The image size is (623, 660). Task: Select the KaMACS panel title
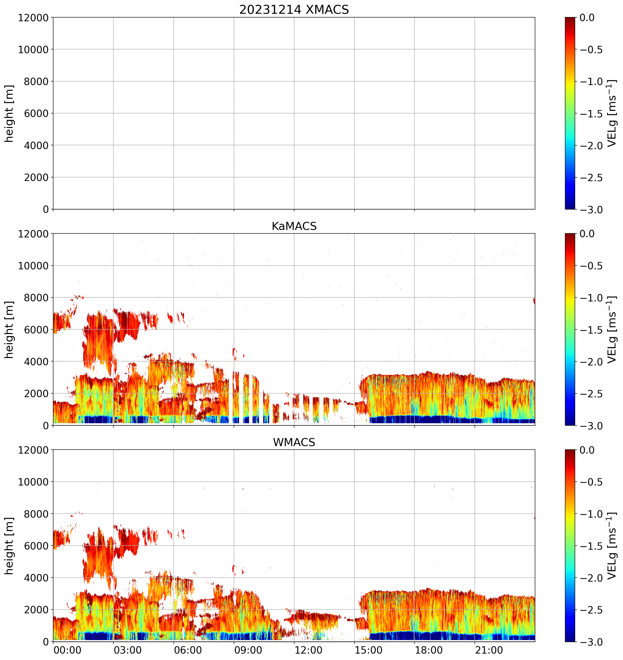294,226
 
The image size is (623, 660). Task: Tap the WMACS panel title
294,442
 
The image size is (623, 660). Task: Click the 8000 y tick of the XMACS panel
36,81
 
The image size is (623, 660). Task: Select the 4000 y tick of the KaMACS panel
36,361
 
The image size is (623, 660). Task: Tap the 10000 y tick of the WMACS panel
33,482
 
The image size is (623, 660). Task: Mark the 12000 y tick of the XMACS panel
33,17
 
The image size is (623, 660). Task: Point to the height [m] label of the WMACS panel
9,545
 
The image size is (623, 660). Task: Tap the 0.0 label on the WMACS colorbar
587,450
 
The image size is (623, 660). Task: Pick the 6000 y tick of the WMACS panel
36,546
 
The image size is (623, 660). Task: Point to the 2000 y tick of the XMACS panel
36,177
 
